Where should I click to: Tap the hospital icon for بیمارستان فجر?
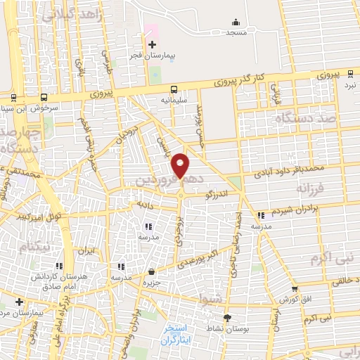(x=153, y=44)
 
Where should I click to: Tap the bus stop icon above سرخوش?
(x=44, y=98)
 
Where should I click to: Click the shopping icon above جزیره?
(x=153, y=271)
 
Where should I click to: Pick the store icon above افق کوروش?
(x=294, y=288)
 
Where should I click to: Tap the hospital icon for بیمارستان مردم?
(x=20, y=302)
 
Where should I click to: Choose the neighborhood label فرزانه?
(x=311, y=189)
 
